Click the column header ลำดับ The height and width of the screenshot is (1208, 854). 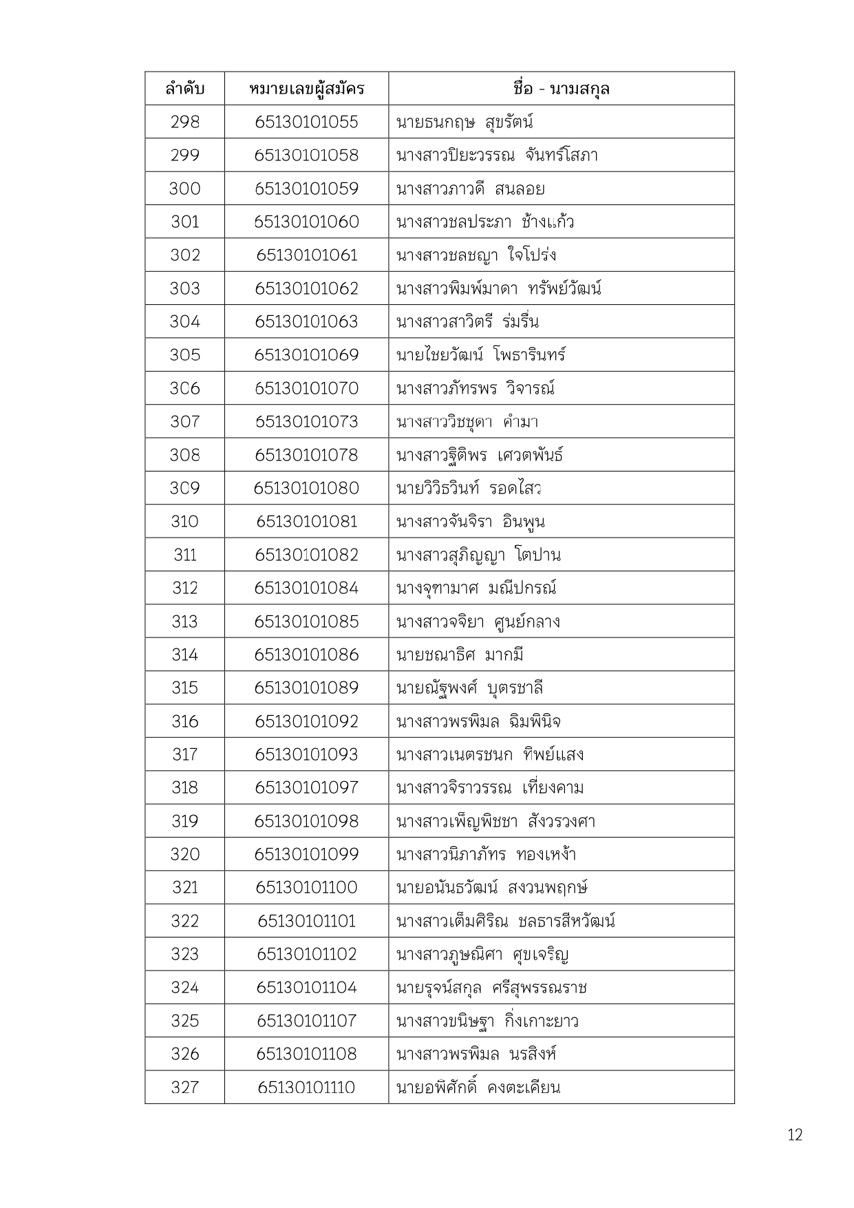pos(184,89)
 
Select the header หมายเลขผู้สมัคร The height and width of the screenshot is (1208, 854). pos(306,89)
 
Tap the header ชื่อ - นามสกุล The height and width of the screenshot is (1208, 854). pos(561,89)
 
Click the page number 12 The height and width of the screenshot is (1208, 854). pos(795,1135)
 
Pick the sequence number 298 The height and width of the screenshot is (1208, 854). pos(184,122)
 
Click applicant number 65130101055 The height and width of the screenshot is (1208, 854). pos(306,122)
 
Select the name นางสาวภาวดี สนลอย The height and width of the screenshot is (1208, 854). pos(470,189)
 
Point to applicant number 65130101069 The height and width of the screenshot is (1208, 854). pos(306,355)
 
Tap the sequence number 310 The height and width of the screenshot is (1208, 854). pos(184,522)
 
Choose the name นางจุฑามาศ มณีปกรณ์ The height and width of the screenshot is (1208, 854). pos(476,588)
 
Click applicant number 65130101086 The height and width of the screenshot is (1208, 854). pos(306,655)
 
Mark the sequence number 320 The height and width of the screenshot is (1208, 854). pos(184,854)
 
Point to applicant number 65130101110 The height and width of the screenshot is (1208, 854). pos(306,1088)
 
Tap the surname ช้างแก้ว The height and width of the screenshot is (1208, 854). pos(548,222)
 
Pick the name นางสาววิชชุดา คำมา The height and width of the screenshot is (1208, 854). pos(467,421)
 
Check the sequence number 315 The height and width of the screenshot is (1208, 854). pos(184,688)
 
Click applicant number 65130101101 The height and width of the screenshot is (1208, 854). pos(306,921)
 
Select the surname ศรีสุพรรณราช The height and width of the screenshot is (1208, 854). pos(540,988)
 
